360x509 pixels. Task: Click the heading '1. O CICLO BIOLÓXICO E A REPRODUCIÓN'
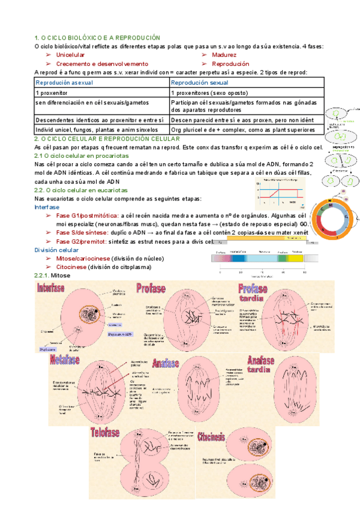(x=97, y=38)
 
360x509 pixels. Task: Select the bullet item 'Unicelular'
(x=70, y=55)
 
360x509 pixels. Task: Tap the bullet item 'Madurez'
(x=224, y=55)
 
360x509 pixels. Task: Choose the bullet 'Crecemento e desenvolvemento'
(x=102, y=63)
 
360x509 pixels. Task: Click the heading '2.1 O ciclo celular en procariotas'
(x=85, y=156)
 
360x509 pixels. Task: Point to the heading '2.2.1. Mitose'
(x=52, y=274)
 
